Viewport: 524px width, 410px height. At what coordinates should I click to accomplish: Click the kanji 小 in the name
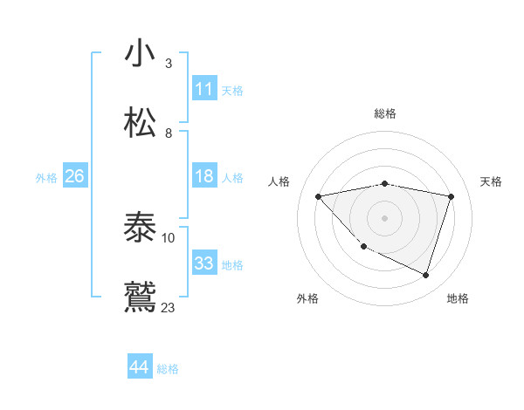tap(141, 54)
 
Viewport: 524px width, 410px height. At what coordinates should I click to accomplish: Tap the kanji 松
tap(141, 123)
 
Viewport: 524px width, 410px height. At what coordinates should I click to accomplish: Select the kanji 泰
tap(141, 229)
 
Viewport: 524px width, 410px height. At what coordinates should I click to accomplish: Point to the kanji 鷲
tap(141, 297)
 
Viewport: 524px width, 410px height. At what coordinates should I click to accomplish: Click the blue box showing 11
tap(203, 89)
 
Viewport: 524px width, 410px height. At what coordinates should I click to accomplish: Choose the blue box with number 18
tap(203, 176)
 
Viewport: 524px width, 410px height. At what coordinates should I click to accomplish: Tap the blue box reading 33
tap(203, 263)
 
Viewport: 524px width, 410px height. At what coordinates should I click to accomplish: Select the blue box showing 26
tap(74, 176)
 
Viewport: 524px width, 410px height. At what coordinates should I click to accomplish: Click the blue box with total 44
tap(139, 367)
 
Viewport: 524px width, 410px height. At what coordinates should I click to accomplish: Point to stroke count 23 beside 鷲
tap(169, 307)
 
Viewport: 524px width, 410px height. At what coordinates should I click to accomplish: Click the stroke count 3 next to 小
tap(169, 64)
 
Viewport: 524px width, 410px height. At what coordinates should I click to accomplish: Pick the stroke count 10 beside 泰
tap(169, 237)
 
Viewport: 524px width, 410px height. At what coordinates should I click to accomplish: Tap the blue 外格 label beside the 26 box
tap(46, 177)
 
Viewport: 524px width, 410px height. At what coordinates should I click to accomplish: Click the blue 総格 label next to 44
tap(168, 368)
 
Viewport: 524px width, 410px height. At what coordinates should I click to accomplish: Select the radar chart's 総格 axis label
tap(385, 113)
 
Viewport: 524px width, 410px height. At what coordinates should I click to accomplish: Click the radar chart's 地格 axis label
tap(458, 298)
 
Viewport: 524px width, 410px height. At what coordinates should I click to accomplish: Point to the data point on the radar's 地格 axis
tap(425, 276)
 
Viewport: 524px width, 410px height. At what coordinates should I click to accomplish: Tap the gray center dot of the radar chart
tap(385, 218)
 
